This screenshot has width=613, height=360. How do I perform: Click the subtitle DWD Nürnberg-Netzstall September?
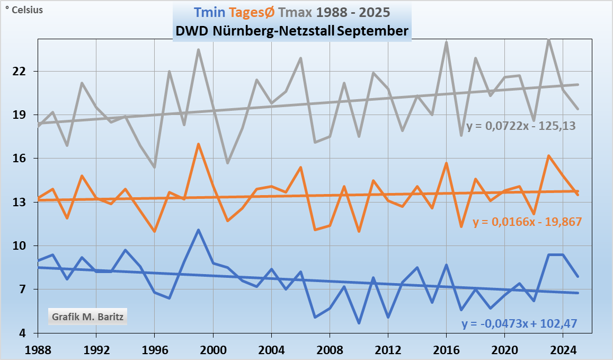click(x=292, y=31)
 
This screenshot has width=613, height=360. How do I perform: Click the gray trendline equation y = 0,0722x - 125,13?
click(x=521, y=126)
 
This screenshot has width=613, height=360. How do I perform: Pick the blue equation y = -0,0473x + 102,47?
click(x=519, y=323)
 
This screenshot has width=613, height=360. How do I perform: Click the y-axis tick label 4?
click(x=29, y=333)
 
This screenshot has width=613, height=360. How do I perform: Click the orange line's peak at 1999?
click(x=198, y=144)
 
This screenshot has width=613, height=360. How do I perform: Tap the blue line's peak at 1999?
click(x=198, y=230)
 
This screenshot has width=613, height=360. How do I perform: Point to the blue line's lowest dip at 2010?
click(x=359, y=323)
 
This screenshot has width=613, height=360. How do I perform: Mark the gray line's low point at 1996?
click(x=154, y=167)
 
